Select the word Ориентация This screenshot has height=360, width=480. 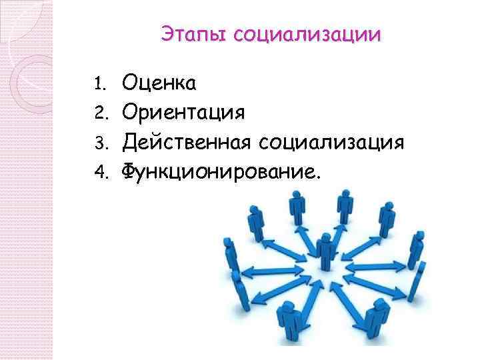(183, 112)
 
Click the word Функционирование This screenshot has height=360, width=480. (220, 172)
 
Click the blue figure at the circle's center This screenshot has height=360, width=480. (325, 257)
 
